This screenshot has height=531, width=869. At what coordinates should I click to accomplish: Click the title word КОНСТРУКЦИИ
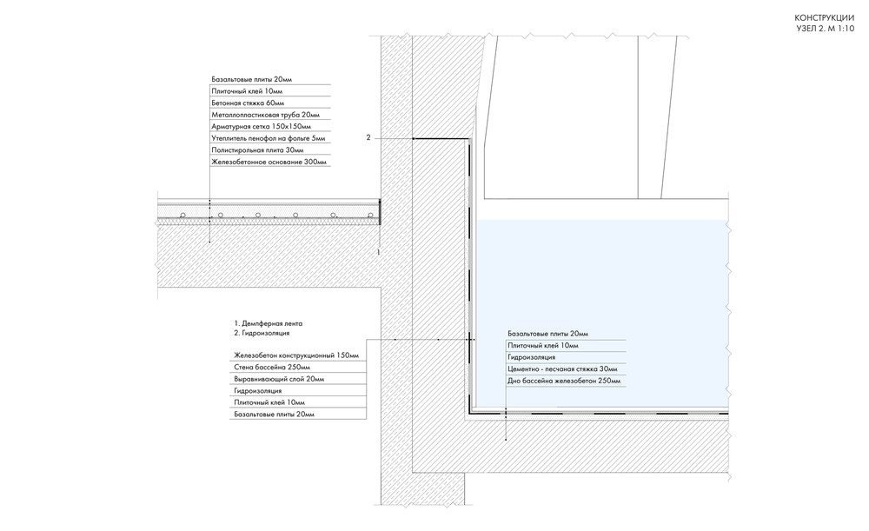[824, 18]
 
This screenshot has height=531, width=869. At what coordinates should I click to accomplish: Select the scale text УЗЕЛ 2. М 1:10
[826, 29]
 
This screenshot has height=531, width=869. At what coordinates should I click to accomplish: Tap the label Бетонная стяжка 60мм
[248, 103]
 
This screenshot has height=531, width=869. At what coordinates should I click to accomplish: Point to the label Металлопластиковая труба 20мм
[265, 115]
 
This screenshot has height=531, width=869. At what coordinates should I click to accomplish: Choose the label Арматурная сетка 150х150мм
[261, 126]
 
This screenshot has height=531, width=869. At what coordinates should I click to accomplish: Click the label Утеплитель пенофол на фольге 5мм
[269, 138]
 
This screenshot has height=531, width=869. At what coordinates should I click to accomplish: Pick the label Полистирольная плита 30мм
[257, 150]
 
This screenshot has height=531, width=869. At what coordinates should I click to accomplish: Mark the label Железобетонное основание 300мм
[269, 163]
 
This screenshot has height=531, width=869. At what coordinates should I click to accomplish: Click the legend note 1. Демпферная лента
[269, 323]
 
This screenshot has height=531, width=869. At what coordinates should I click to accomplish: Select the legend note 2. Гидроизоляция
[262, 333]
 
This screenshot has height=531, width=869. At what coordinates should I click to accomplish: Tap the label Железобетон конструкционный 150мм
[296, 355]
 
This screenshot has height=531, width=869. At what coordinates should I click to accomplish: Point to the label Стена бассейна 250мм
[271, 367]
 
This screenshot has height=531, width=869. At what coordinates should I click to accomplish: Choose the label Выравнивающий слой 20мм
[279, 379]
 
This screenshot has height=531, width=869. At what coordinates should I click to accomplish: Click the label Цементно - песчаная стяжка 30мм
[562, 369]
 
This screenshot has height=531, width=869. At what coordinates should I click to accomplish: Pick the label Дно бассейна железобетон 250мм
[564, 382]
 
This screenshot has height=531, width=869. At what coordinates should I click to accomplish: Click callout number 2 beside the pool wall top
[368, 137]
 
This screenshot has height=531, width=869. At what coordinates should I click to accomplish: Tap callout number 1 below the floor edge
[379, 252]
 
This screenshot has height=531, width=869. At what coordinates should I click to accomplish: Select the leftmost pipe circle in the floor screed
[182, 215]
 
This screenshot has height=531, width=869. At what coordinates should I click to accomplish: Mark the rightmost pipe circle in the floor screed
[370, 215]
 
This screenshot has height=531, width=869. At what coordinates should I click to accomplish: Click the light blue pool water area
[601, 277]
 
